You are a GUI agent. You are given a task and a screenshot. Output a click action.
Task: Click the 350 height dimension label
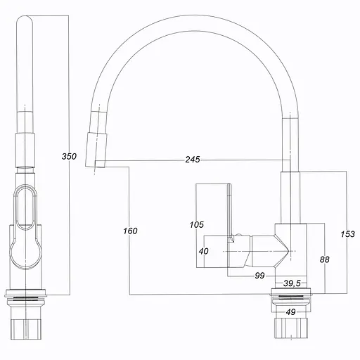(x=69, y=156)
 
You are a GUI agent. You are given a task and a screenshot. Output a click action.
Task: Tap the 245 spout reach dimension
(x=193, y=160)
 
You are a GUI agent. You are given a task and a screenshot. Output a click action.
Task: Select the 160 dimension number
(x=130, y=231)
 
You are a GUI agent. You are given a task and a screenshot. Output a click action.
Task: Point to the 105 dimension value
(x=197, y=225)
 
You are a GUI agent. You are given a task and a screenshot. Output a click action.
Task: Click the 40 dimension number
(x=203, y=251)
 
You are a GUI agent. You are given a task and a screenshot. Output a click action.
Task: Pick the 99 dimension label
(x=259, y=276)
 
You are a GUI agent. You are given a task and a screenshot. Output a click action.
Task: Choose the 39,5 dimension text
(x=292, y=283)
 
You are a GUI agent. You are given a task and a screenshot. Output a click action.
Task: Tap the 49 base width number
(x=291, y=312)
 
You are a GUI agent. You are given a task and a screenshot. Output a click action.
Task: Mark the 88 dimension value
(x=325, y=259)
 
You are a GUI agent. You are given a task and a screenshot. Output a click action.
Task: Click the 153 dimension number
(x=348, y=234)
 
